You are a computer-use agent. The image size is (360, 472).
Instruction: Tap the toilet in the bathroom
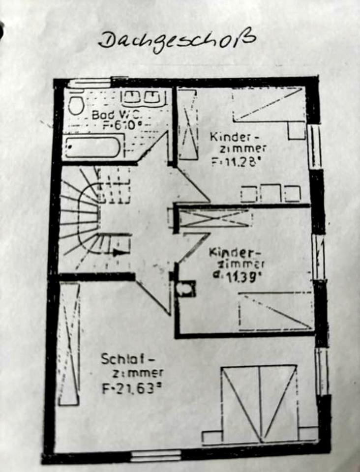[75, 105]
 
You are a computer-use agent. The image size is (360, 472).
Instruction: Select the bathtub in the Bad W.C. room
[92, 147]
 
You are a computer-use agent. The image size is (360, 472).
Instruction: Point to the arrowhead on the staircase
[117, 253]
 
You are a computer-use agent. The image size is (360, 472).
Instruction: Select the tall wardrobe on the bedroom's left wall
[69, 344]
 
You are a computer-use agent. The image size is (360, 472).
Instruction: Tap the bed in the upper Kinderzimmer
[269, 105]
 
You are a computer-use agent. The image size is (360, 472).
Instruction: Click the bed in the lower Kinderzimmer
[275, 311]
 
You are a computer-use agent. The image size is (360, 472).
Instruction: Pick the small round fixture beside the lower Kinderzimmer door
[186, 289]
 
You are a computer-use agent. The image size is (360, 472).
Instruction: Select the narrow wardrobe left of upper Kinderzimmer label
[188, 124]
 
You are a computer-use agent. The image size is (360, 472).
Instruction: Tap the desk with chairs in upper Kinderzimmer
[270, 193]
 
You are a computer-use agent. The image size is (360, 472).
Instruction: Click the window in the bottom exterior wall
[156, 455]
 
